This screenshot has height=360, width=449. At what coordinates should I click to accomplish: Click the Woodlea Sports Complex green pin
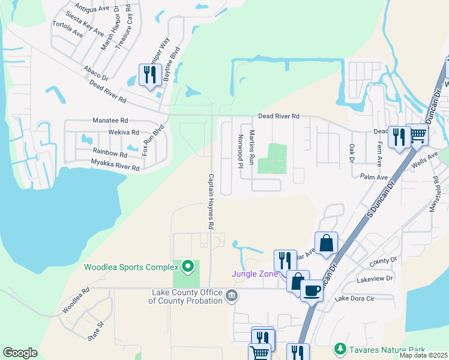tap(187, 266)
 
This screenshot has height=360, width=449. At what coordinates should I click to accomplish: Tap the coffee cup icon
tap(312, 290)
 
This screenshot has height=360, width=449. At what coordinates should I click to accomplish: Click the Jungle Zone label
tap(255, 274)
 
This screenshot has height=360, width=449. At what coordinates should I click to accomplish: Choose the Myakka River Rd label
tap(115, 165)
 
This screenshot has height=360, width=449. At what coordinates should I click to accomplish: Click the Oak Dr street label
tap(351, 152)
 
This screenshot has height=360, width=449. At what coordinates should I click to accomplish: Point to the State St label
tap(96, 331)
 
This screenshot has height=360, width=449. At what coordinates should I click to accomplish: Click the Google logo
tap(20, 353)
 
